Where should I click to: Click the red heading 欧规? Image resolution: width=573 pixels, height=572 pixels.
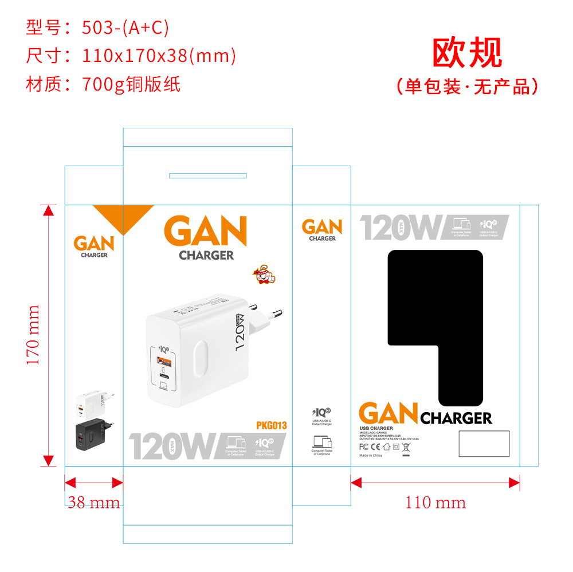pos(466,53)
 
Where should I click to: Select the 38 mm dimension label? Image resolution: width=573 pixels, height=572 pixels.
pos(94,503)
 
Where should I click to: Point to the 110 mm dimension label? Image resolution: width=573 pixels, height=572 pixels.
pos(435,503)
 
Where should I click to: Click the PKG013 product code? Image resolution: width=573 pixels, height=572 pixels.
pos(271,425)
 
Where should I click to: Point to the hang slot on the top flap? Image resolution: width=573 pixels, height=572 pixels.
pos(207,175)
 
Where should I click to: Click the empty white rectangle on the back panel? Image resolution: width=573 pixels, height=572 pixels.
pos(484,444)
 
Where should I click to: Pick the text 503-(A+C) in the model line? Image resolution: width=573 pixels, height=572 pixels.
pos(125,28)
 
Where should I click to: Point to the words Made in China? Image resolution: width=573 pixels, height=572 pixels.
pos(370,455)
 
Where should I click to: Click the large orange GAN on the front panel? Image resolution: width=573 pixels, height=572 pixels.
pos(205,232)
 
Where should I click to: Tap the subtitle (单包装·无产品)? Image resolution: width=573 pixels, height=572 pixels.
pos(466,86)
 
